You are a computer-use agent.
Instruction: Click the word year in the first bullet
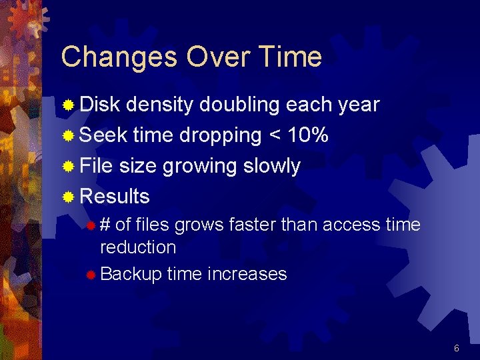[359, 105]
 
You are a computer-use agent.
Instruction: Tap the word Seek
[103, 135]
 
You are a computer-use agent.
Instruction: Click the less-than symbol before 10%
[274, 136]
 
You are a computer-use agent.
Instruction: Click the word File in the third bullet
[96, 166]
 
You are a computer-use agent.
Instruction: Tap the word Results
[114, 197]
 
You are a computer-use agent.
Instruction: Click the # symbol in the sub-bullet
[105, 225]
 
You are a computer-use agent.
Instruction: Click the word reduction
[138, 247]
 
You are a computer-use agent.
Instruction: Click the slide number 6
[457, 349]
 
